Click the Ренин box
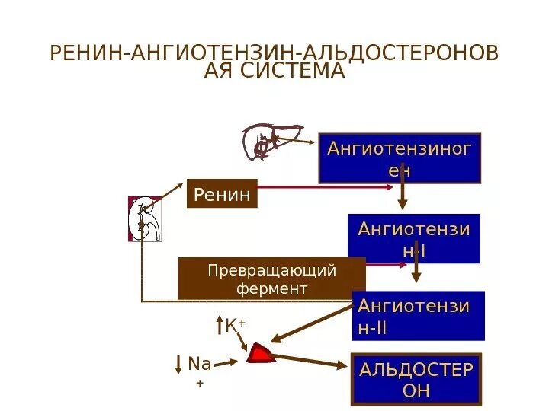[222, 195]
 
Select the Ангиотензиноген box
[400, 158]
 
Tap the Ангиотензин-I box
[414, 238]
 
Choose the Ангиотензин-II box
[419, 316]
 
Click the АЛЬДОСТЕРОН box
[416, 379]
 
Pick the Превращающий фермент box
[271, 279]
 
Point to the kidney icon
[145, 219]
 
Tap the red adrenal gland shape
[261, 353]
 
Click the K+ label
[235, 327]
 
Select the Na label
[199, 365]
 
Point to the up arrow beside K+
[219, 327]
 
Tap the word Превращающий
[271, 271]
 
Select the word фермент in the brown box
[271, 289]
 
